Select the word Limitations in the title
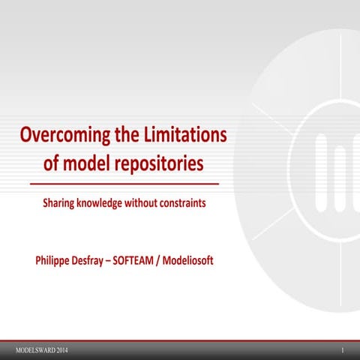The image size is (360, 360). (x=183, y=137)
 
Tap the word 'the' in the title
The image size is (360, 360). (x=128, y=137)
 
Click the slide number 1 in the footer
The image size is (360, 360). (x=342, y=351)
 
